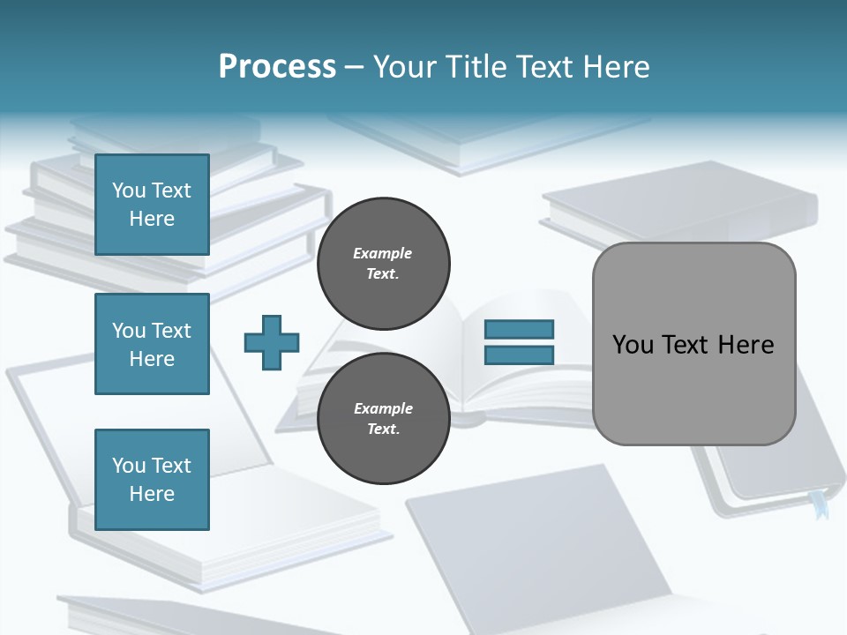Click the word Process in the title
point(277,66)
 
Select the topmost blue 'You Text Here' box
point(152,205)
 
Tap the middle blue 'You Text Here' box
point(152,344)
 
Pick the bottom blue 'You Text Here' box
point(152,480)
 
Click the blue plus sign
point(272,342)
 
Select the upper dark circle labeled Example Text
point(383,263)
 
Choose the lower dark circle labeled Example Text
point(383,418)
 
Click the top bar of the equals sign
point(519,330)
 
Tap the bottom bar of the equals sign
point(519,355)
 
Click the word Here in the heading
point(615,66)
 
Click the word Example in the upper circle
point(382,253)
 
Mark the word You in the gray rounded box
point(632,344)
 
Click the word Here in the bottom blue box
point(152,494)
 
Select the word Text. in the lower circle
point(383,430)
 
